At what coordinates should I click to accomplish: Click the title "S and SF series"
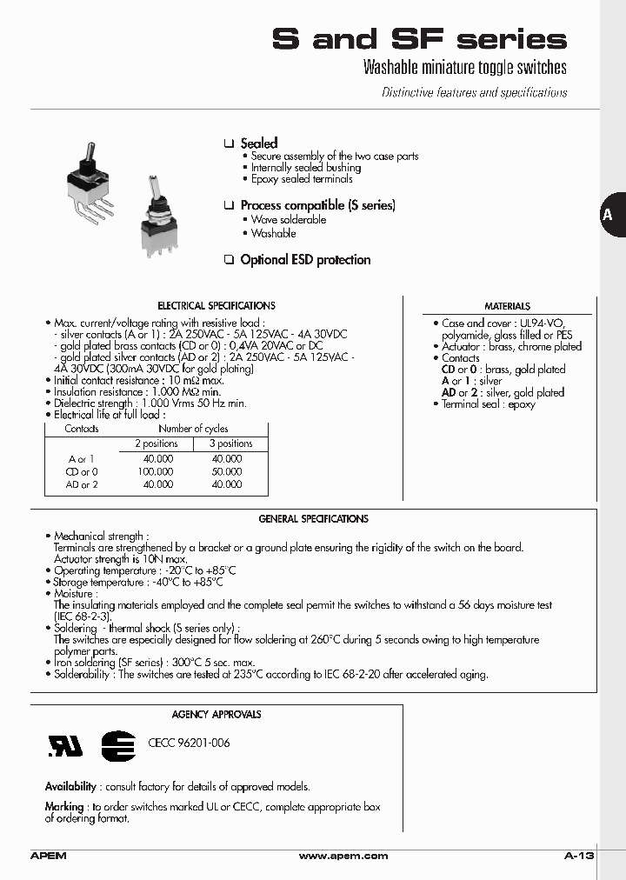pyautogui.click(x=419, y=39)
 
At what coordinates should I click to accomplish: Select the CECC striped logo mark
pyautogui.click(x=117, y=744)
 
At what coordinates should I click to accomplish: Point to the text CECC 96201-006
pyautogui.click(x=189, y=743)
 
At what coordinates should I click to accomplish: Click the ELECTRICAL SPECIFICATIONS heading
pyautogui.click(x=216, y=306)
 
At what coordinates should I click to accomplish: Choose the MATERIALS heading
pyautogui.click(x=507, y=306)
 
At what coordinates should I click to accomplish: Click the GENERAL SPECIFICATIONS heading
pyautogui.click(x=313, y=519)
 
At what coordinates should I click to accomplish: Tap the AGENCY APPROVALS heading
pyautogui.click(x=216, y=715)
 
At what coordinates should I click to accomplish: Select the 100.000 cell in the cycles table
pyautogui.click(x=156, y=471)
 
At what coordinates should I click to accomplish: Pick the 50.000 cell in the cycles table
pyautogui.click(x=227, y=471)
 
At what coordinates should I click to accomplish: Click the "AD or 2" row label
pyautogui.click(x=82, y=484)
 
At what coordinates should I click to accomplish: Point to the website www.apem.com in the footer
pyautogui.click(x=343, y=857)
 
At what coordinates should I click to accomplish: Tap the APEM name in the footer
pyautogui.click(x=48, y=857)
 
